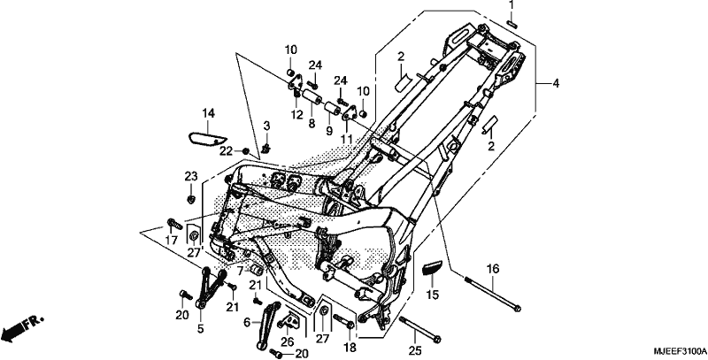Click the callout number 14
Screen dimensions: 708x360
[208, 114]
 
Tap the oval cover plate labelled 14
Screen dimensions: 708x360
[208, 138]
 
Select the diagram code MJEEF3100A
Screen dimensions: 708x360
[680, 351]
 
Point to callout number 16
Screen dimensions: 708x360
[493, 269]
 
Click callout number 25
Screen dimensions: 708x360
[415, 349]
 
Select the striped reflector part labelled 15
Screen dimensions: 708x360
[430, 267]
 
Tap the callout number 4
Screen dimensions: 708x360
[556, 83]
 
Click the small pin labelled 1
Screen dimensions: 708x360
[512, 23]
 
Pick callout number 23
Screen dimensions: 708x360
[191, 175]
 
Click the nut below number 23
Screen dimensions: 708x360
[191, 198]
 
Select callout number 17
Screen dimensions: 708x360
[171, 241]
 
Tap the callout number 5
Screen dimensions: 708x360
[201, 329]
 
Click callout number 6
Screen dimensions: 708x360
[247, 322]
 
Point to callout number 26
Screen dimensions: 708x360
[287, 341]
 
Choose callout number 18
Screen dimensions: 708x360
[350, 348]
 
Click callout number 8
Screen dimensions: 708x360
[312, 124]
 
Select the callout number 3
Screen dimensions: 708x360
[266, 125]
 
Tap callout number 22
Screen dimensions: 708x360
[227, 150]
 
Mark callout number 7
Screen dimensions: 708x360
[241, 271]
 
